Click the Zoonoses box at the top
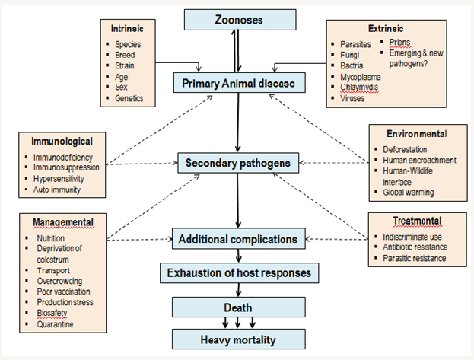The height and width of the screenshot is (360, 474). (x=239, y=20)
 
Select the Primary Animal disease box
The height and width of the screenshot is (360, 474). (x=239, y=81)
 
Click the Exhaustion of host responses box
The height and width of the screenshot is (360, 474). (x=239, y=272)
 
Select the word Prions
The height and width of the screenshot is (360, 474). (x=400, y=42)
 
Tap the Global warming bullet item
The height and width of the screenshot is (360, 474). (x=409, y=193)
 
